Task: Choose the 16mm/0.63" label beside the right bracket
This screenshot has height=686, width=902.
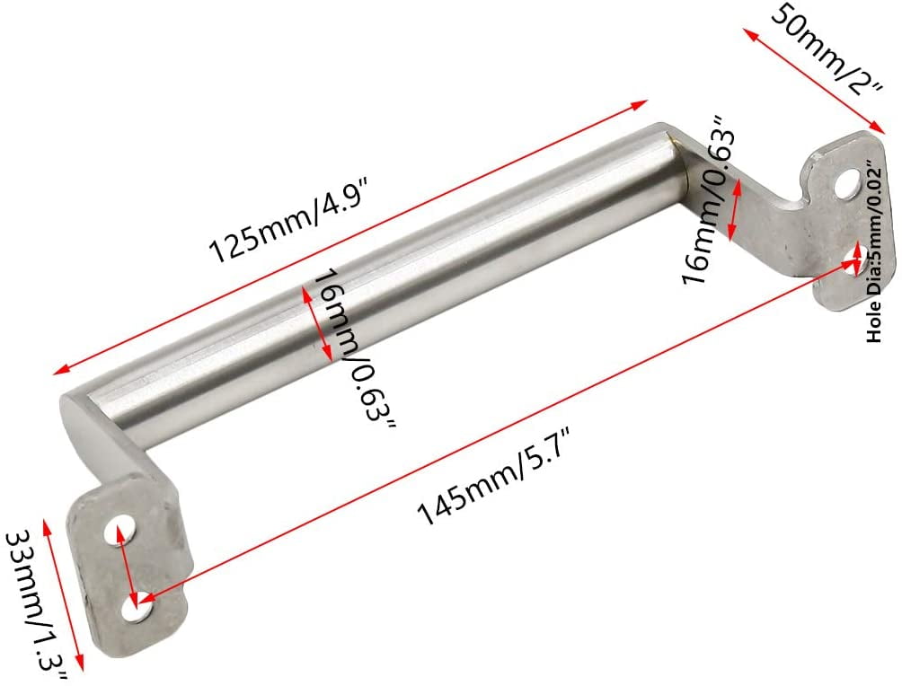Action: [710, 198]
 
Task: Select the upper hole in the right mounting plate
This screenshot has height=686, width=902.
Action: [844, 187]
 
